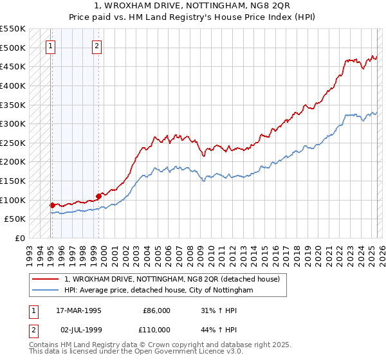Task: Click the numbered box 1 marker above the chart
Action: click(50, 46)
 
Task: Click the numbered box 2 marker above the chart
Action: click(96, 46)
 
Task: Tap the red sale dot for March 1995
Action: click(51, 205)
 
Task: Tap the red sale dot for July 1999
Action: click(99, 196)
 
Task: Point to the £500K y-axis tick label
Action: click(13, 48)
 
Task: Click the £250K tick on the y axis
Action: click(13, 143)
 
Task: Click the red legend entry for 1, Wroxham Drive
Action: click(172, 280)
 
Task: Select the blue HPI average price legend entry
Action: click(159, 291)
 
